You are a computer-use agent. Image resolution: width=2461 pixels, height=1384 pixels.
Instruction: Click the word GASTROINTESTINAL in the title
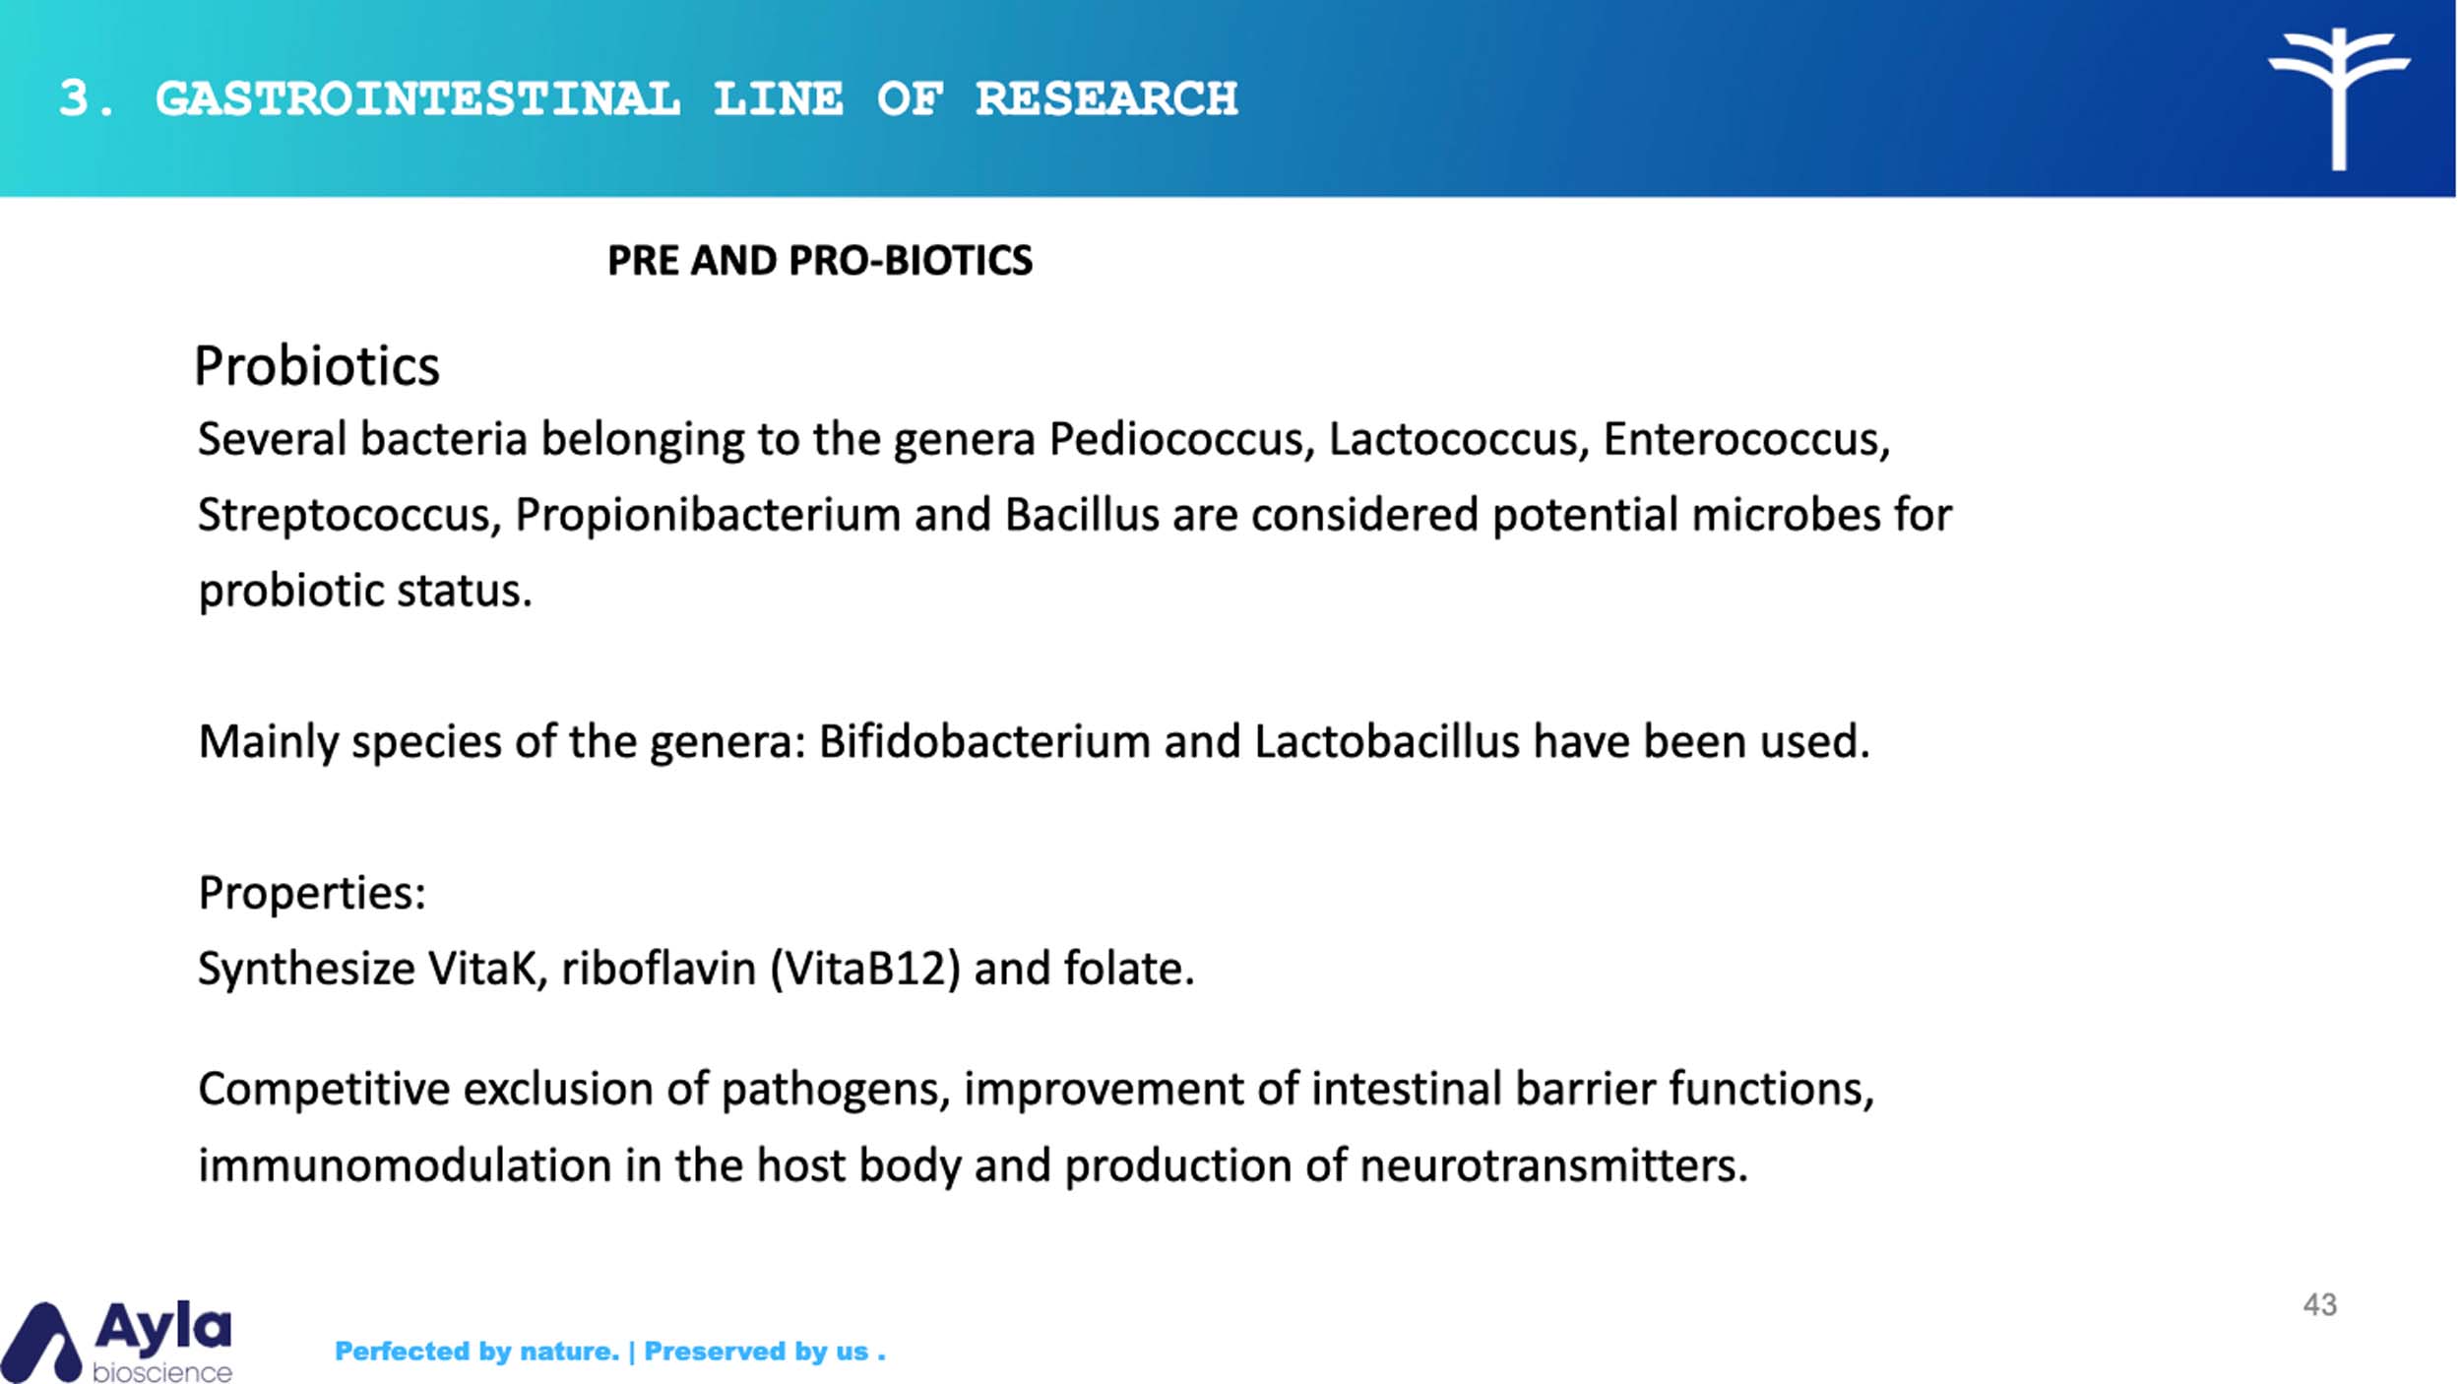point(417,98)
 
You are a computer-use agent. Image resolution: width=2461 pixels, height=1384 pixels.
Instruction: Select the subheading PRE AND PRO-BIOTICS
point(820,261)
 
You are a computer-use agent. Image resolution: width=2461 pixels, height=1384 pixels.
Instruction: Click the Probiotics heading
point(316,367)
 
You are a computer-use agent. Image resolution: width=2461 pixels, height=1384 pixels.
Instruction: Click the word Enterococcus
point(1746,439)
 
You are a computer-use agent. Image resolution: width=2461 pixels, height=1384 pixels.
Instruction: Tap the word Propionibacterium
point(708,515)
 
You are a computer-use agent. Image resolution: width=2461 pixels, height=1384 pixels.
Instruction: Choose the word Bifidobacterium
point(984,741)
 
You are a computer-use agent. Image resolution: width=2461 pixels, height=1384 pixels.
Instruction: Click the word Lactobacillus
point(1387,741)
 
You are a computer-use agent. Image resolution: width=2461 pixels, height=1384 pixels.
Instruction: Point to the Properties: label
point(312,894)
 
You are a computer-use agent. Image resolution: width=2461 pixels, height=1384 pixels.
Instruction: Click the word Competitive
point(324,1090)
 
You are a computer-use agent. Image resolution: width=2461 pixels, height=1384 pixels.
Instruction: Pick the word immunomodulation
point(405,1165)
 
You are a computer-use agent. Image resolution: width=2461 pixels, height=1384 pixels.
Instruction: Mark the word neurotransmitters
point(1553,1165)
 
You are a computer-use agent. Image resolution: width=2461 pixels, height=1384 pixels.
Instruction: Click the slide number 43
point(2319,1305)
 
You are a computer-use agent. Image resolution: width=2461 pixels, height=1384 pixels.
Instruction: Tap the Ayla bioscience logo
point(117,1341)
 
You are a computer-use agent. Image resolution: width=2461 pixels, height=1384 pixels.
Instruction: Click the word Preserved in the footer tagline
point(708,1352)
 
